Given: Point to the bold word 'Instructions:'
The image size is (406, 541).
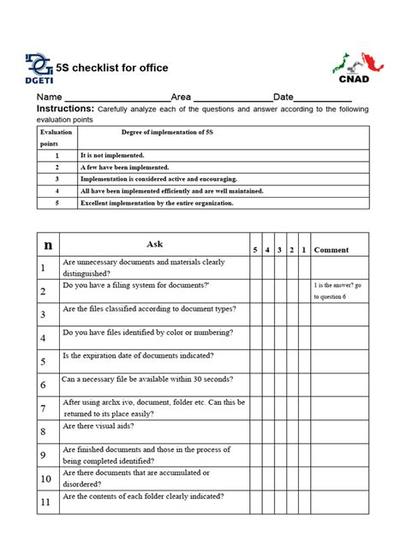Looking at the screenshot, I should point(64,110).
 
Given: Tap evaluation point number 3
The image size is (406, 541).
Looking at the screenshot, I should point(56,180).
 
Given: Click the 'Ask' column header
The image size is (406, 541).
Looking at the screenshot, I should point(154,244).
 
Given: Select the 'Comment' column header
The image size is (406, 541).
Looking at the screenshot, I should point(331,250).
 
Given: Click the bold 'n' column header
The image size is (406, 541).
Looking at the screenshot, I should point(48,245).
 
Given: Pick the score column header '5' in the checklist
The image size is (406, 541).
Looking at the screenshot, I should point(254,250).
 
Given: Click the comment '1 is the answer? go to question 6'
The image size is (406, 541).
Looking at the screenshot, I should point(339,289).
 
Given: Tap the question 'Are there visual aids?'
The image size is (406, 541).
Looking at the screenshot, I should point(99,425).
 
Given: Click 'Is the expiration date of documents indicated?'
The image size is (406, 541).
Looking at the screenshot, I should point(138,355).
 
